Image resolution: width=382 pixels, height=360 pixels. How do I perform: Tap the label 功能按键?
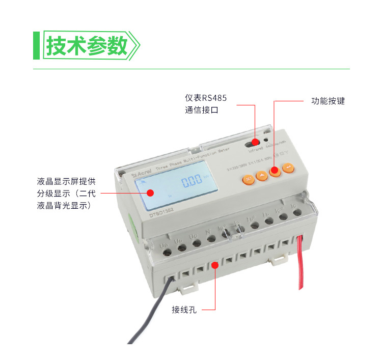(328, 101)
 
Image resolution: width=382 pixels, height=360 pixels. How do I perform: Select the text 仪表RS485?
(206, 97)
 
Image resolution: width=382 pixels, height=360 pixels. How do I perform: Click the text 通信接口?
(201, 109)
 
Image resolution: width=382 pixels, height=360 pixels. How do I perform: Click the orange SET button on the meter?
(247, 179)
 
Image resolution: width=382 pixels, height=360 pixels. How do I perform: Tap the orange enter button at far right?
(288, 168)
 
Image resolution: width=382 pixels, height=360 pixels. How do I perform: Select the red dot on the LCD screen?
(151, 192)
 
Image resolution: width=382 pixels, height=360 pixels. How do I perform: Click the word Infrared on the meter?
(256, 150)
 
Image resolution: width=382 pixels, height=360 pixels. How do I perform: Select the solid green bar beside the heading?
(36, 45)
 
